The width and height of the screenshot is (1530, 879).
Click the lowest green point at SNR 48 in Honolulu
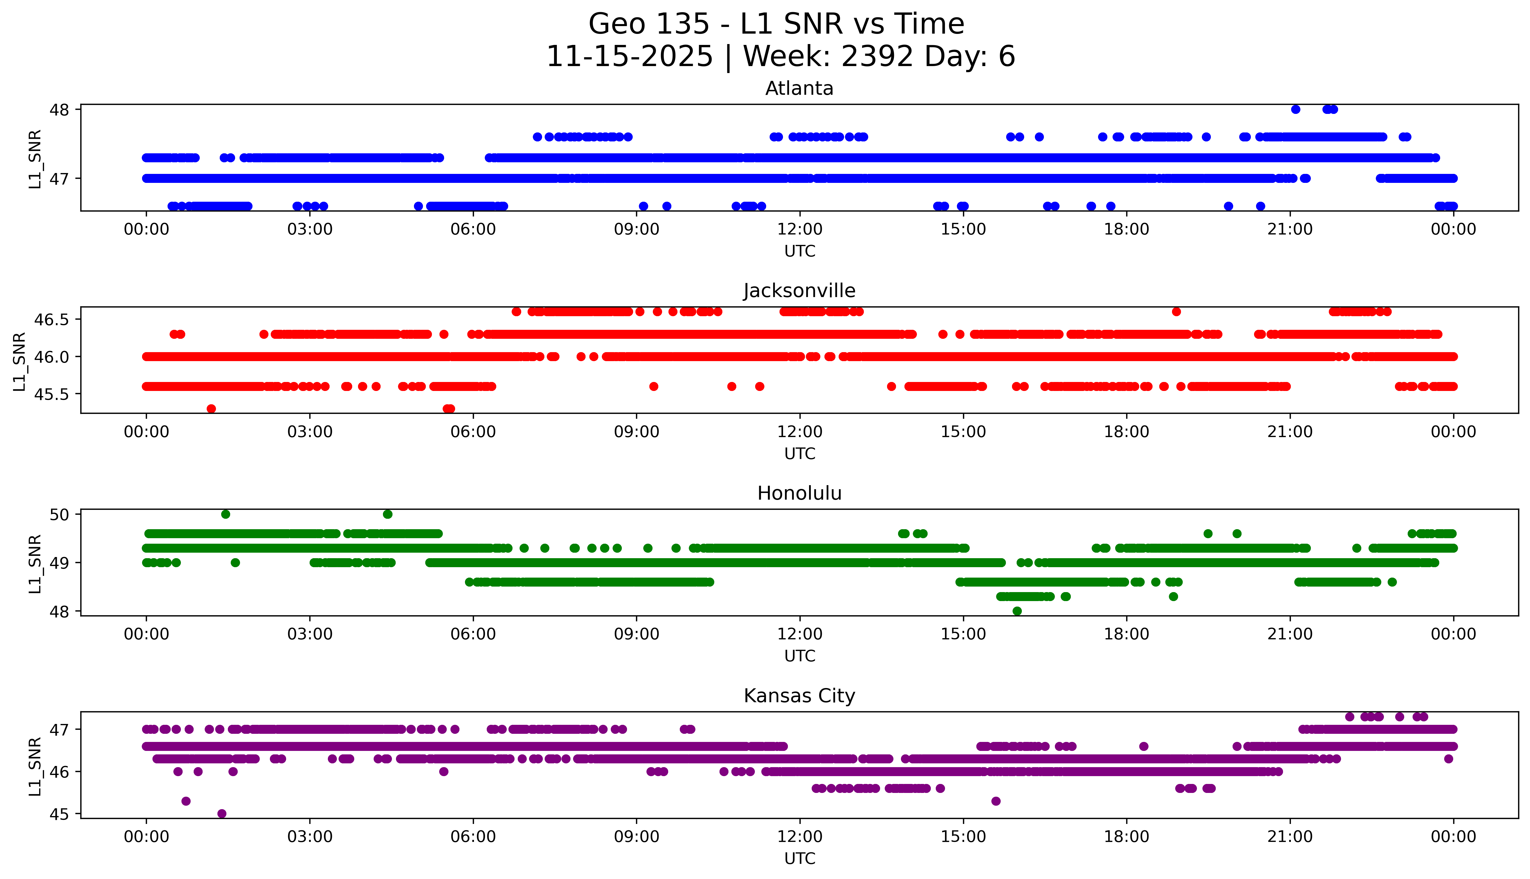pyautogui.click(x=1017, y=611)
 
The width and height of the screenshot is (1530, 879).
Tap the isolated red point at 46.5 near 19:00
pyautogui.click(x=1175, y=312)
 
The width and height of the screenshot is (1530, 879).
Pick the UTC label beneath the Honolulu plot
pyautogui.click(x=799, y=656)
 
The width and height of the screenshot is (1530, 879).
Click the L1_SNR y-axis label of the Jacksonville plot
pyautogui.click(x=19, y=361)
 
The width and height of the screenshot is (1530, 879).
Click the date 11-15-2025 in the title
pyautogui.click(x=629, y=57)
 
